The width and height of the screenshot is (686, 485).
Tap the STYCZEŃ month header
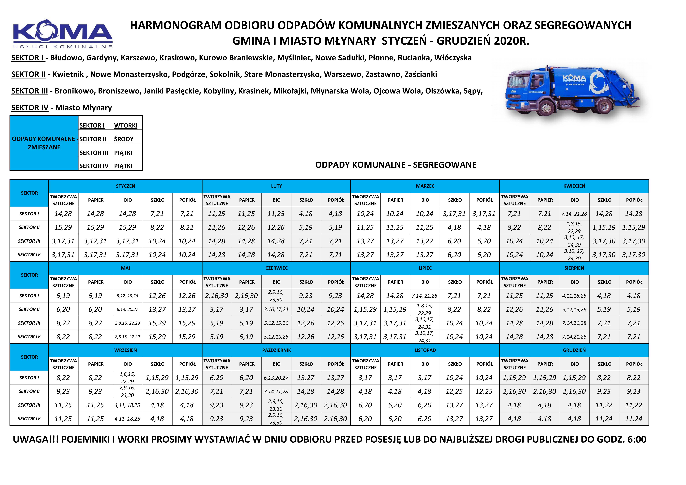click(x=125, y=186)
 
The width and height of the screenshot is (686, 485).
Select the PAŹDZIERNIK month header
click(x=276, y=350)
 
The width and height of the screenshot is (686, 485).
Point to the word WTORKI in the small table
click(x=125, y=125)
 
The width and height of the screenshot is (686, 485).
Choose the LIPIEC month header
click(x=425, y=268)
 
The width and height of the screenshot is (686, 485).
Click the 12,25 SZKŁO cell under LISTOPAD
click(x=454, y=391)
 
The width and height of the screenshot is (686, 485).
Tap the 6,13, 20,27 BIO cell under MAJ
click(x=128, y=309)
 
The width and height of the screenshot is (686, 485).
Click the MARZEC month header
click(x=425, y=186)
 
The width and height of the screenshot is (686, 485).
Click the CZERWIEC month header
click(x=276, y=268)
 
